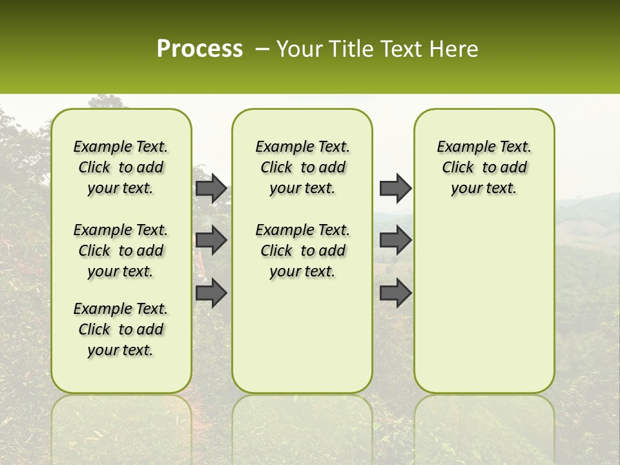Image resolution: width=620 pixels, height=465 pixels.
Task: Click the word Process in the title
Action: coord(200,49)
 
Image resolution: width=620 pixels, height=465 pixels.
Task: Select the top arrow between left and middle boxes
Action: coord(211,189)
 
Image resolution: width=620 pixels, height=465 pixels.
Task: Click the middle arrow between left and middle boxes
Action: coord(211,240)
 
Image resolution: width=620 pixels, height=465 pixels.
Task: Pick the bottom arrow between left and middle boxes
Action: coord(211,293)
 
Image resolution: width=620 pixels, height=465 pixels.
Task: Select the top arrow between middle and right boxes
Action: coord(395,189)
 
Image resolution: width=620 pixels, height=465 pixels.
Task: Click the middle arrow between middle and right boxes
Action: coord(395,240)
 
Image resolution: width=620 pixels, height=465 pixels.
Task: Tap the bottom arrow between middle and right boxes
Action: coord(395,293)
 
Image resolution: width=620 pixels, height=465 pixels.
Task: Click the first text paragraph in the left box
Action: coord(121,168)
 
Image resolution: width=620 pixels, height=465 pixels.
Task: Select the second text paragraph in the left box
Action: coord(121,251)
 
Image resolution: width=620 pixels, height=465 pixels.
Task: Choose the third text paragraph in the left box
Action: coord(121,329)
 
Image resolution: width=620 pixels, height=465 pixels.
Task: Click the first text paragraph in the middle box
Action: coord(302,168)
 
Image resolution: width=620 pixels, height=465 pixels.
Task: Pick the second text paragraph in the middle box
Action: coord(302,251)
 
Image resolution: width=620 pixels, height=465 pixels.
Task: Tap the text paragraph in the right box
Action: coord(484,168)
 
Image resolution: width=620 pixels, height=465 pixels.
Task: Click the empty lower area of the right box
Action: coord(484,304)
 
